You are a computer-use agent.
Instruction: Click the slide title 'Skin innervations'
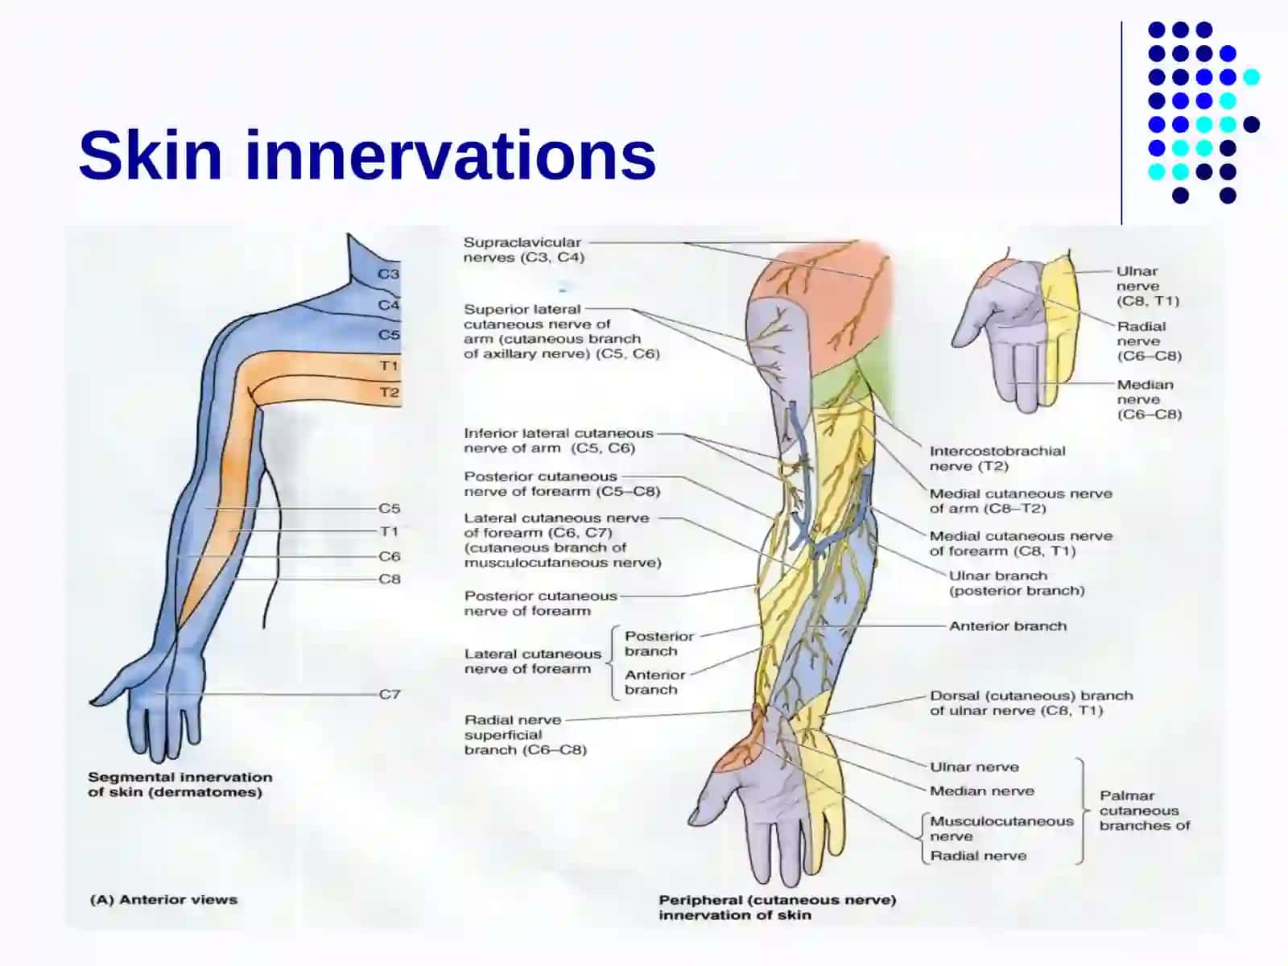[367, 155]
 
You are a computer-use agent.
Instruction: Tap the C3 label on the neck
[388, 274]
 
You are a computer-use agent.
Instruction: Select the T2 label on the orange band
[389, 392]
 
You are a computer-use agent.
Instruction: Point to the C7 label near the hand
[390, 694]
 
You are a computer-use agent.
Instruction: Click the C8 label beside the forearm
[390, 579]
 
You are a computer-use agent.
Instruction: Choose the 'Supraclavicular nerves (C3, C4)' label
[524, 250]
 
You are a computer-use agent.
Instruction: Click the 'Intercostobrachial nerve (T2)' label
[997, 459]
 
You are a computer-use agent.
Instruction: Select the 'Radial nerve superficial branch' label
[526, 735]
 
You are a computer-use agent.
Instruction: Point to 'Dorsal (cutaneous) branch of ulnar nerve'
[1031, 703]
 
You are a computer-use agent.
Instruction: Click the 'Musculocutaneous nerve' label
[1001, 828]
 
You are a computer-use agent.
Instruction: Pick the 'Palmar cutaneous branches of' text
[1145, 811]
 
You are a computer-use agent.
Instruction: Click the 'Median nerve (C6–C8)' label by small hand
[1149, 399]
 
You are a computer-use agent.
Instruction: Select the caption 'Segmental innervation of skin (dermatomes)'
[180, 785]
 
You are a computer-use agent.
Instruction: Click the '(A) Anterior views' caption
[163, 900]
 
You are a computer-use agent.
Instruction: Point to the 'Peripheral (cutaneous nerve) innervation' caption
[778, 907]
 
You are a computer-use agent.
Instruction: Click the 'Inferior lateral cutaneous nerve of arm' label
[559, 440]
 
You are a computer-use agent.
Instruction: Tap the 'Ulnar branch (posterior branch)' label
[1017, 583]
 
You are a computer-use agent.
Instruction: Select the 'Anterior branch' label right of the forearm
[1008, 625]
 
